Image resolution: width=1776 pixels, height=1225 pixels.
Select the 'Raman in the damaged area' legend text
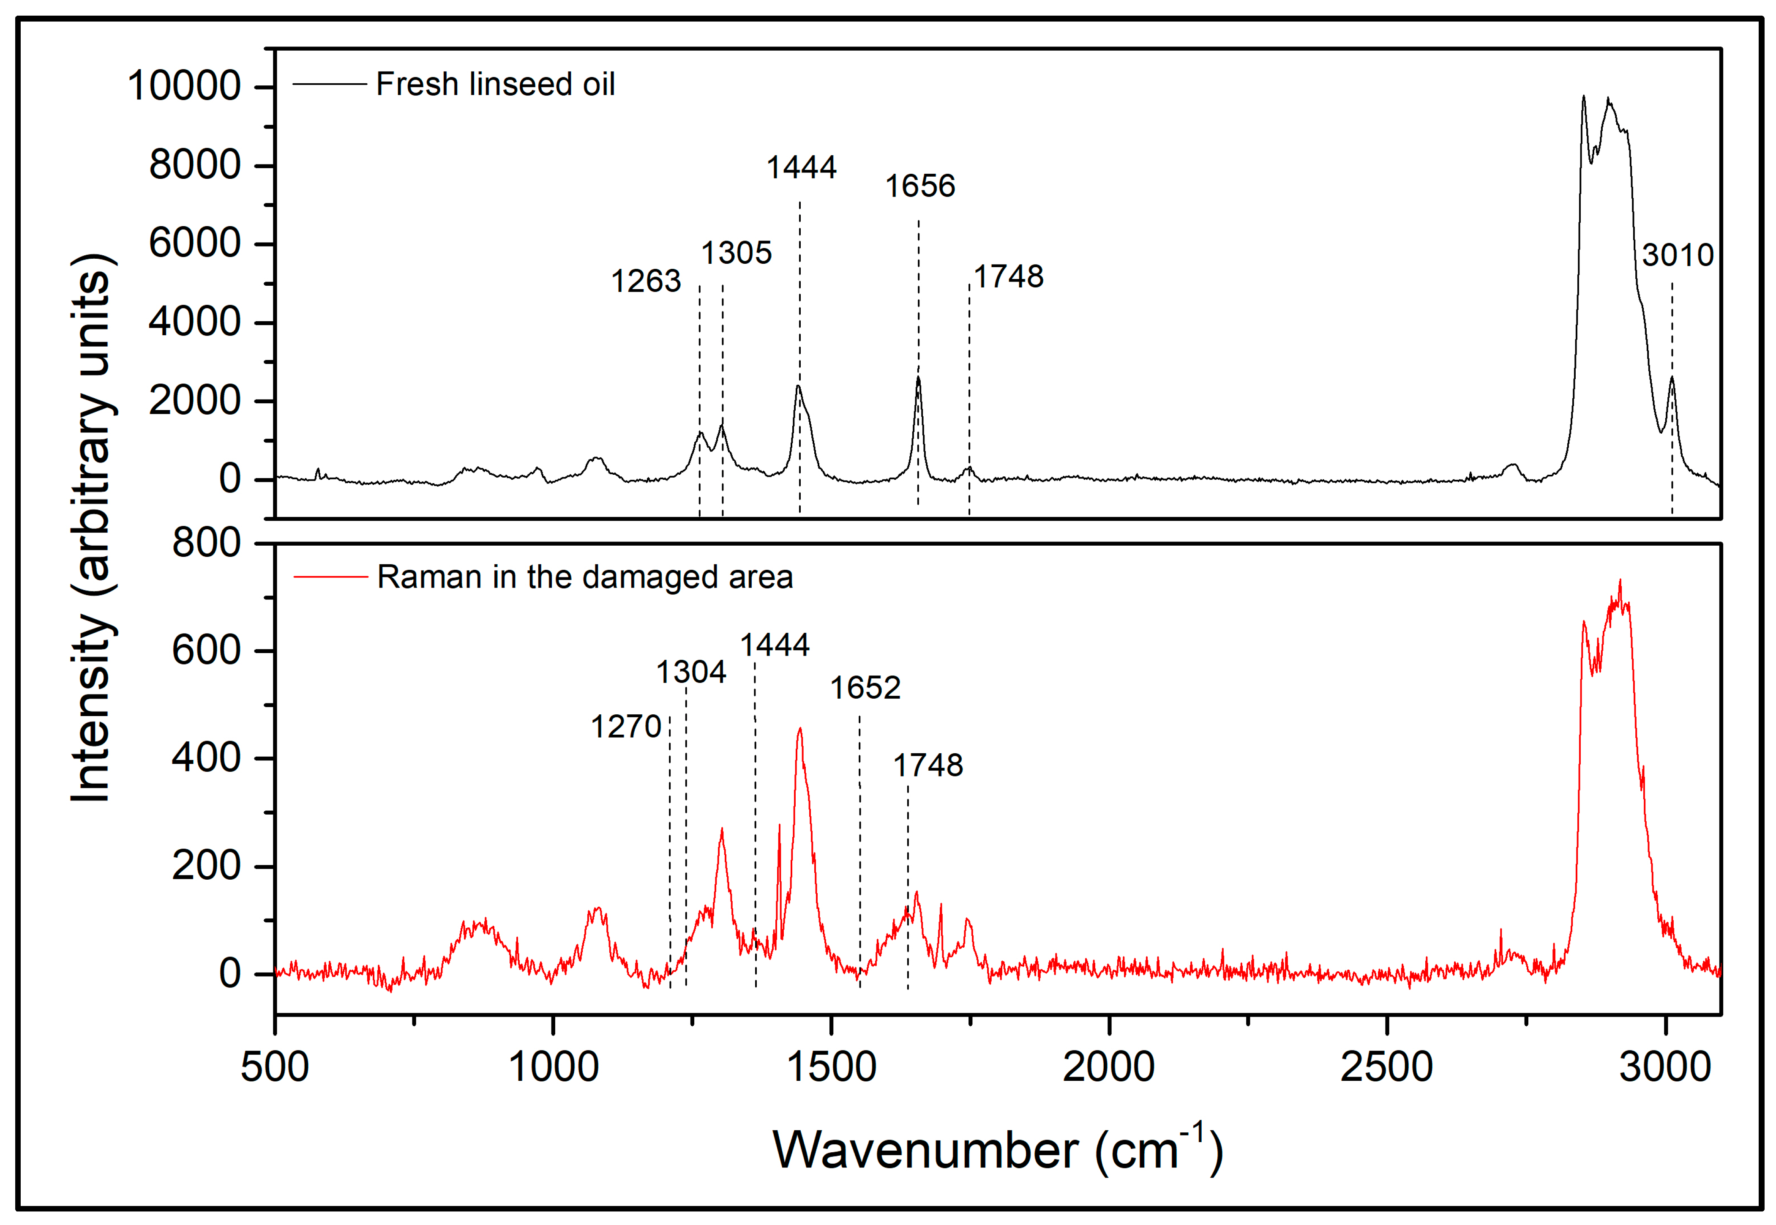[x=584, y=577]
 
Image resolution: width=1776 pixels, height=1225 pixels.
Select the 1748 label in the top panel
[x=1008, y=277]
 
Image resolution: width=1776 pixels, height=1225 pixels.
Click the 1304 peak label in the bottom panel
[x=690, y=673]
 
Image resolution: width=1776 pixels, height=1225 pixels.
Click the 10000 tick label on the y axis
[x=184, y=86]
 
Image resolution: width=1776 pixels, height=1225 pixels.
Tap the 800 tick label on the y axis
[x=206, y=544]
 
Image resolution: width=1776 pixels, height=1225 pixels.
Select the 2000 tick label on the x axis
[x=1108, y=1068]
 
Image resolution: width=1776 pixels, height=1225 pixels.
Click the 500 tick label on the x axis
[x=275, y=1068]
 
